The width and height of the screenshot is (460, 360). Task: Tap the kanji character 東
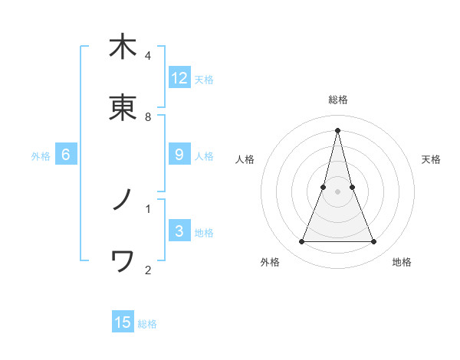click(123, 108)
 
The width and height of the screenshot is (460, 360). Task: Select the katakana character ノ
click(123, 200)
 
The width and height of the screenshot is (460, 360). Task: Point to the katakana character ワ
click(123, 262)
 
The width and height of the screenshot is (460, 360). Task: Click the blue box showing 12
click(179, 78)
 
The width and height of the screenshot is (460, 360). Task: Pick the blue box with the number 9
click(179, 155)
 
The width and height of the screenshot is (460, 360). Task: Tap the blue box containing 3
click(179, 231)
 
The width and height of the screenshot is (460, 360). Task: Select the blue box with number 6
click(66, 155)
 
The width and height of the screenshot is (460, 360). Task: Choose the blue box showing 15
click(123, 322)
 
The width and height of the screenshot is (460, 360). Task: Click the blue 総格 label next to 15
click(147, 324)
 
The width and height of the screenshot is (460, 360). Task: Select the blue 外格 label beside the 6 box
click(41, 156)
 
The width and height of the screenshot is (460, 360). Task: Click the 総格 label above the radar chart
click(337, 100)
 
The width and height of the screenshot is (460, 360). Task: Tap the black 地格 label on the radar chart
click(402, 262)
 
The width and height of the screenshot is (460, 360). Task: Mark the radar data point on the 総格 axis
click(337, 129)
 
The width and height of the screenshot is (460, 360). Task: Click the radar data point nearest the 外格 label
click(301, 242)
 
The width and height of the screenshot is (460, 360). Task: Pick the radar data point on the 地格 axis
click(374, 242)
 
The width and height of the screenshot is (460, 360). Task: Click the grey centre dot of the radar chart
click(337, 191)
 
